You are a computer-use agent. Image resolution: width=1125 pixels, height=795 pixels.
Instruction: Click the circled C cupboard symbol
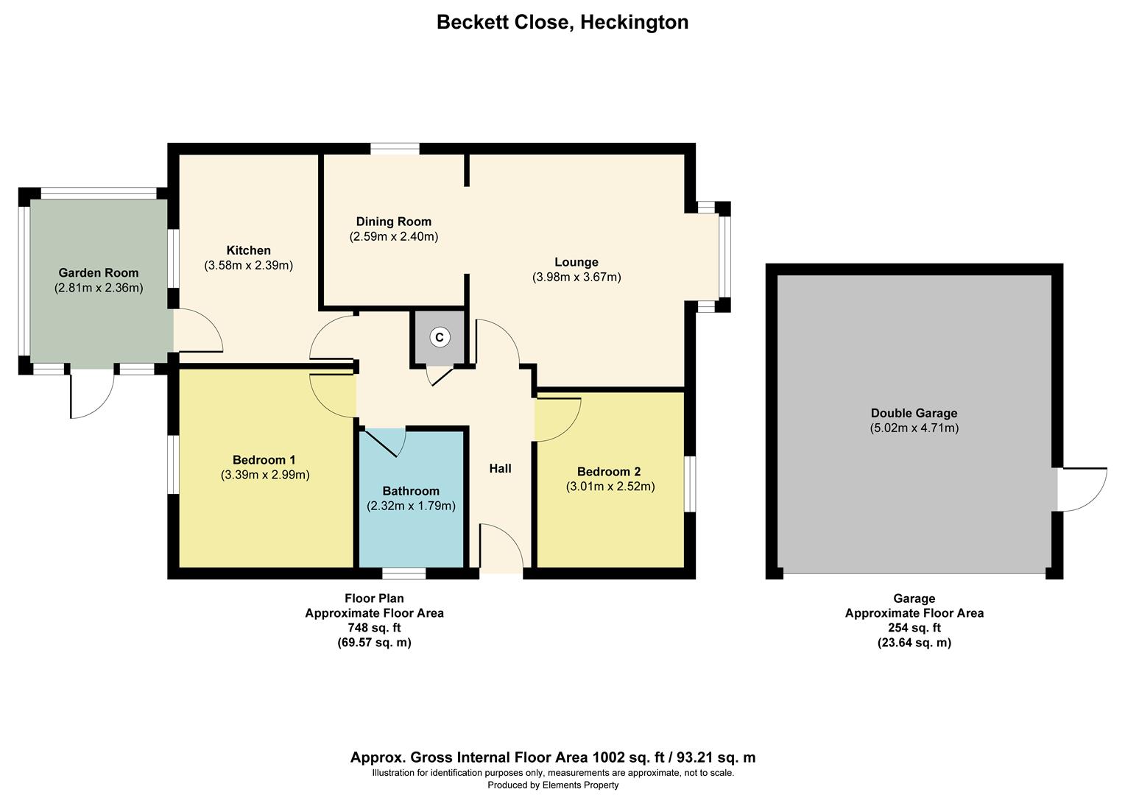pos(440,337)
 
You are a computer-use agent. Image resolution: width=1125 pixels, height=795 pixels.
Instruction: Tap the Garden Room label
pos(99,273)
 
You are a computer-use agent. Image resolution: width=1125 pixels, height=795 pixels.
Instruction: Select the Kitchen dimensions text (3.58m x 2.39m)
pos(248,265)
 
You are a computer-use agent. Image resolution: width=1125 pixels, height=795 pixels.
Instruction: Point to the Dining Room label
pos(393,222)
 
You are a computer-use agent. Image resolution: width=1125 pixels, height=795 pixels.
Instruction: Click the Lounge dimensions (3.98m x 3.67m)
pos(576,278)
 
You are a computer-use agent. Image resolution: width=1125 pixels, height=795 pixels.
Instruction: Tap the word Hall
pos(500,468)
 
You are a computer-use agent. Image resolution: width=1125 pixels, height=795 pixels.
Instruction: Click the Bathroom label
pos(411,491)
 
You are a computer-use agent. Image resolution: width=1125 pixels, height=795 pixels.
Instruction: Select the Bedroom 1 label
pos(264,460)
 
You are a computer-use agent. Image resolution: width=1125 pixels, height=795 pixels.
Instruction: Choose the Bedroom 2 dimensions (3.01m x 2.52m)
pos(610,487)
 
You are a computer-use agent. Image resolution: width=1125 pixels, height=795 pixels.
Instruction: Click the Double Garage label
pos(914,413)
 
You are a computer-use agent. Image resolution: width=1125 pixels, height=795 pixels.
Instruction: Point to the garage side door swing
pos(1082,490)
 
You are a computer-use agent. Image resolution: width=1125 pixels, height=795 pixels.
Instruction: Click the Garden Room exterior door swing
pos(92,396)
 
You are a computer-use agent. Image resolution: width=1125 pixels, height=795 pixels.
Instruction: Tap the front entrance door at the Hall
pos(501,548)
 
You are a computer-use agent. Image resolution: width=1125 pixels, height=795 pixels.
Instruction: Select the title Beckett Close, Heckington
pos(562,22)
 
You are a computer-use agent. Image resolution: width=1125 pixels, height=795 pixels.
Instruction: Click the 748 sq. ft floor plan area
pos(374,628)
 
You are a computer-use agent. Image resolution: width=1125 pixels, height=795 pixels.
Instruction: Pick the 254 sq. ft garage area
pos(914,628)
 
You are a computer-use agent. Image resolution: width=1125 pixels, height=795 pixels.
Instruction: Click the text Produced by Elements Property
pos(553,785)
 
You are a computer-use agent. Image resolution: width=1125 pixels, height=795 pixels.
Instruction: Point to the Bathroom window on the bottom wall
pos(403,573)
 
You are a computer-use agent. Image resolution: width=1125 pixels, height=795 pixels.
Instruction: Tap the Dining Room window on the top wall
pos(395,149)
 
